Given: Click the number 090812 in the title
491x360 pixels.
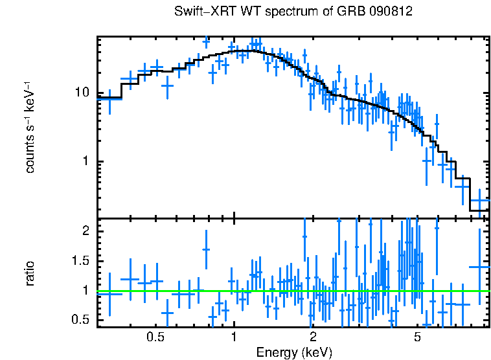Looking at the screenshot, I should [x=393, y=12].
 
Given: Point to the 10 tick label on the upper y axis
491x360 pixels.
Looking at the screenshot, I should [x=82, y=93].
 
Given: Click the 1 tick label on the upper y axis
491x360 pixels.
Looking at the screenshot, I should [x=85, y=161].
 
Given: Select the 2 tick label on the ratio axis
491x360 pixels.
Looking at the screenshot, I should [x=85, y=231].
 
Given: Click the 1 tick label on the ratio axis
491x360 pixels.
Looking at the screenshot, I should [x=85, y=291].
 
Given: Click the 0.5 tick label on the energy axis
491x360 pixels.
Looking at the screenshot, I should [x=155, y=337].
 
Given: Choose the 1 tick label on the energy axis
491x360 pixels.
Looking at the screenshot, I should [x=234, y=337].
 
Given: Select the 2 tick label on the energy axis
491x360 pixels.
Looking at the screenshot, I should [x=312, y=337].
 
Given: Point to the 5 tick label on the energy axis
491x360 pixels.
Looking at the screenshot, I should [x=417, y=337].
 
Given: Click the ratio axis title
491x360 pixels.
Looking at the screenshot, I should [x=30, y=273].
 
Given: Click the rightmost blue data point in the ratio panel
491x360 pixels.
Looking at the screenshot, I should [x=479, y=267].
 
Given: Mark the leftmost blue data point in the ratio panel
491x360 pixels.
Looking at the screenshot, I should [x=109, y=294].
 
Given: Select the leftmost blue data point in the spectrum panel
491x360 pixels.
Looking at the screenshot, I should [x=109, y=99].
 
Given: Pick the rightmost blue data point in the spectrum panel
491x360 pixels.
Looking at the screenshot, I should [x=479, y=201].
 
